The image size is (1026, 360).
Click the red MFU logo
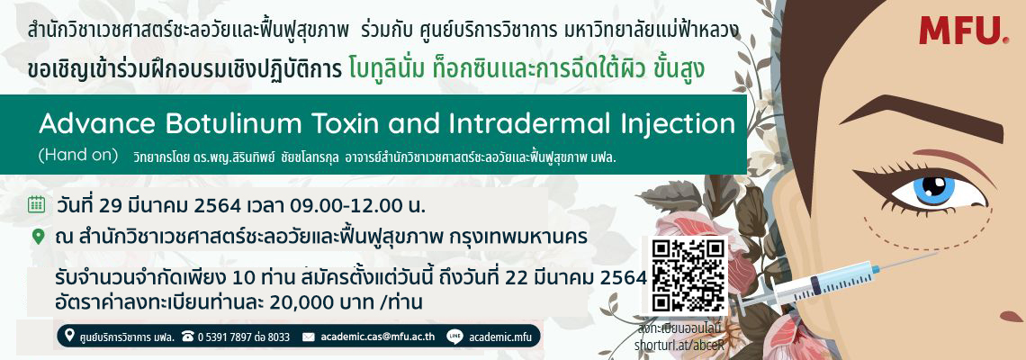click(964, 30)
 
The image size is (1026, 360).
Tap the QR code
click(689, 274)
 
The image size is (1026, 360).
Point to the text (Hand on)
click(78, 156)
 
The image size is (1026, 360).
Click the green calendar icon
click(37, 205)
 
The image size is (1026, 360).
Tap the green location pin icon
click(39, 237)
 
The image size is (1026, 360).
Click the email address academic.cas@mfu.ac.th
click(378, 337)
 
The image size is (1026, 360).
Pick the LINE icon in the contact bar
click(455, 337)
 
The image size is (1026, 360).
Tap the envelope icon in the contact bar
click(309, 337)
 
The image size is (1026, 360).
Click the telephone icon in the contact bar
click(188, 337)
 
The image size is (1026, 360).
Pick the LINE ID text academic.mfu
click(500, 337)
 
